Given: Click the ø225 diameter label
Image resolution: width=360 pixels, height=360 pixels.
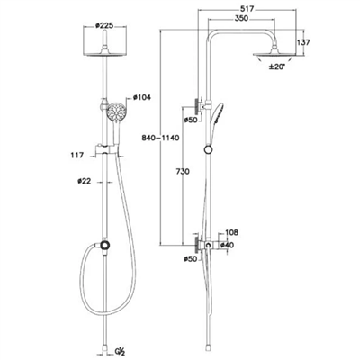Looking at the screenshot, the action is pyautogui.click(x=104, y=25).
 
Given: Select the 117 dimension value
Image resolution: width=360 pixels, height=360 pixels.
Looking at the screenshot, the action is pyautogui.click(x=77, y=156).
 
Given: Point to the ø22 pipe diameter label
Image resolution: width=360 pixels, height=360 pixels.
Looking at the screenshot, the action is pyautogui.click(x=84, y=181).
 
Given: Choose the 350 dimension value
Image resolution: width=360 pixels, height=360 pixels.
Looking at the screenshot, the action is pyautogui.click(x=241, y=18).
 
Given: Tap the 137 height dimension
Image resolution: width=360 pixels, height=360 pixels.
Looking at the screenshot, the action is pyautogui.click(x=303, y=42).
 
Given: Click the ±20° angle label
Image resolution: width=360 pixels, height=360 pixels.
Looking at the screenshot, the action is pyautogui.click(x=276, y=67).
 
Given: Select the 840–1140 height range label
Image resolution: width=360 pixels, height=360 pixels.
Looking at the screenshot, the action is pyautogui.click(x=160, y=138).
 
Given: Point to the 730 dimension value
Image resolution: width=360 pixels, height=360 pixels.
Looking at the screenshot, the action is pyautogui.click(x=183, y=172).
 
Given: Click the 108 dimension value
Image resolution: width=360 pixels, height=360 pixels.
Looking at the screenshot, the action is pyautogui.click(x=232, y=232).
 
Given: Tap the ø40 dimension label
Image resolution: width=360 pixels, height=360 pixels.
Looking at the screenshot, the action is pyautogui.click(x=227, y=245).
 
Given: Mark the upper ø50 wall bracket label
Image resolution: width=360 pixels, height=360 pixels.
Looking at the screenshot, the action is pyautogui.click(x=191, y=121).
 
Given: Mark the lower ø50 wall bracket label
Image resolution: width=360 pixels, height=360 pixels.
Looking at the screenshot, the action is pyautogui.click(x=191, y=258).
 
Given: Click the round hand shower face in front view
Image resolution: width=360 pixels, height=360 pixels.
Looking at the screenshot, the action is pyautogui.click(x=116, y=112).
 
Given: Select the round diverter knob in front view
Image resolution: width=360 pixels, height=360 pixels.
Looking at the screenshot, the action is pyautogui.click(x=104, y=245).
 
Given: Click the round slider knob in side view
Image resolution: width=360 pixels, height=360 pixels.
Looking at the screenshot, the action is pyautogui.click(x=208, y=149).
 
